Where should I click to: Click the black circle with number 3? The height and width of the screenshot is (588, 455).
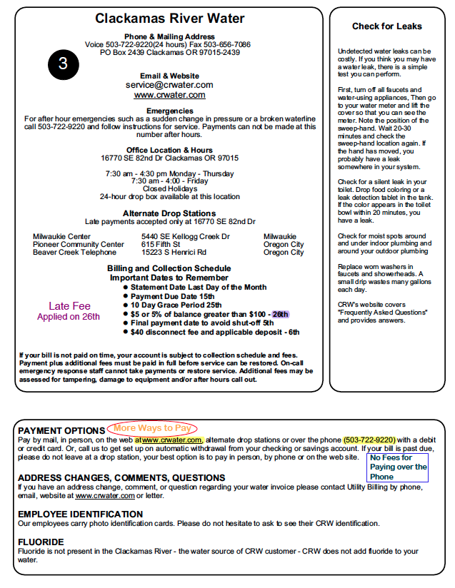63,64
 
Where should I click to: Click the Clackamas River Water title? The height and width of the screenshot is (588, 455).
170,19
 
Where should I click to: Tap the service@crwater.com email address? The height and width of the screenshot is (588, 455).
169,84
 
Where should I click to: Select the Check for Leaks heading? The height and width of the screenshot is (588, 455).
386,26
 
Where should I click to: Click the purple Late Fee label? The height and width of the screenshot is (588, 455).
69,306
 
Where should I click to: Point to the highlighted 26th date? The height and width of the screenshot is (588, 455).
280,314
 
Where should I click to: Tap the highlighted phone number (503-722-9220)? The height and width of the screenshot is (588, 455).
369,439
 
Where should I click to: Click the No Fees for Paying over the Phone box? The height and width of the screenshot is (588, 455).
399,467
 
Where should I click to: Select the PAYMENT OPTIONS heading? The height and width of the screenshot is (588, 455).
61,430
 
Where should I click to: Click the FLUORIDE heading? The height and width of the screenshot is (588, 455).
41,542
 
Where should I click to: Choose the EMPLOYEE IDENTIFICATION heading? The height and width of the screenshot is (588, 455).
80,514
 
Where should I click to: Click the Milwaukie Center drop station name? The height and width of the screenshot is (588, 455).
61,236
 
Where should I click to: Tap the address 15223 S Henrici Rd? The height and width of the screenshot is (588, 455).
174,252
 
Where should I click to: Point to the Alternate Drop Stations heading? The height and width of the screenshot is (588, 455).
169,213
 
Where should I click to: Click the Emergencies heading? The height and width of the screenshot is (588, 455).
169,111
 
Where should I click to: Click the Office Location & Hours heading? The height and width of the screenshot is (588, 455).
169,150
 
